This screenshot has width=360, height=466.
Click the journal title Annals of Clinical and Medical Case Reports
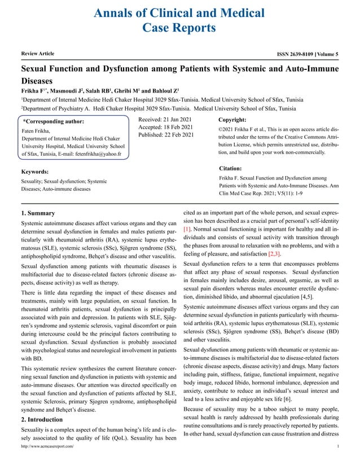pos(179,20)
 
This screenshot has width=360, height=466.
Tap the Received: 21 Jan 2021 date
pos(166,119)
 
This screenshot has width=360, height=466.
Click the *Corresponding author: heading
pos(53,121)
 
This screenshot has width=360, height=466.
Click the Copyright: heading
pos(232,120)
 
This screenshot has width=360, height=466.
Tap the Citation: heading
pos(230,168)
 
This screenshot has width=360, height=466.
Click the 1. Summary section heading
pos(38,213)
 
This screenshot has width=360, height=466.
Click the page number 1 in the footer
pos(337,461)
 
